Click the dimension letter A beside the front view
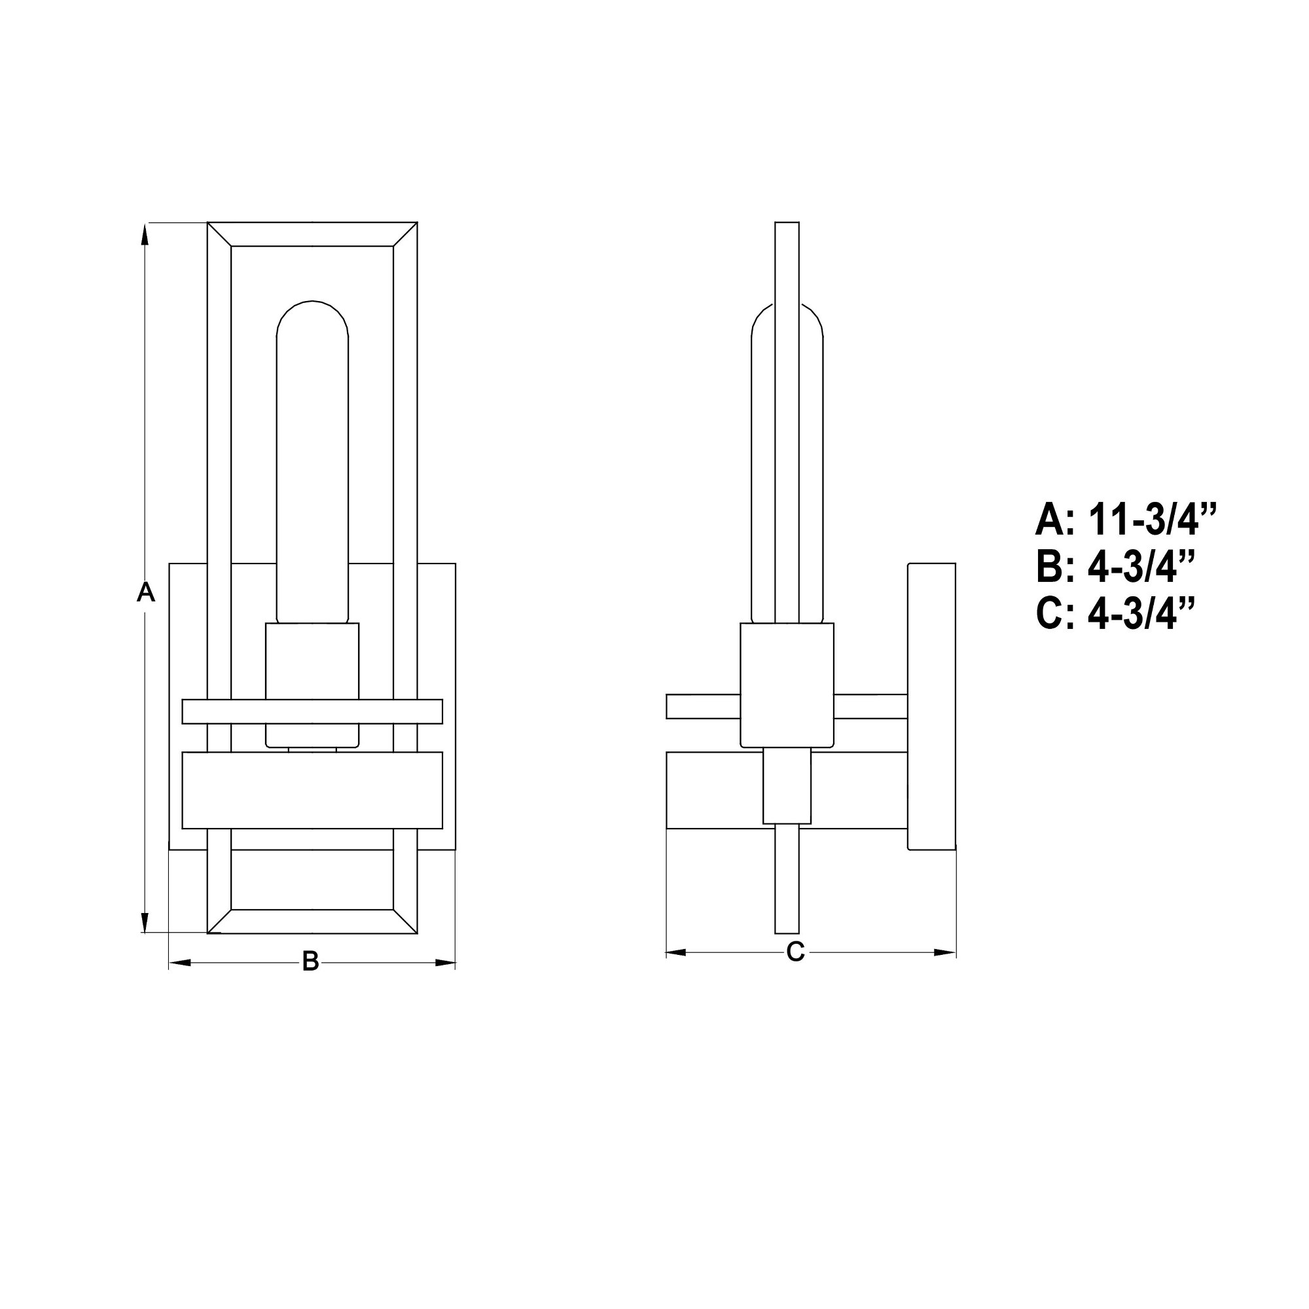point(146,592)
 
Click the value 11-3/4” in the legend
point(1153,520)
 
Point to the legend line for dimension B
point(1115,567)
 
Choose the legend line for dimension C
point(1115,614)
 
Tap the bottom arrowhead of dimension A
point(144,921)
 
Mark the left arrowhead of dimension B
point(180,962)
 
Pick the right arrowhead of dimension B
point(444,962)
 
